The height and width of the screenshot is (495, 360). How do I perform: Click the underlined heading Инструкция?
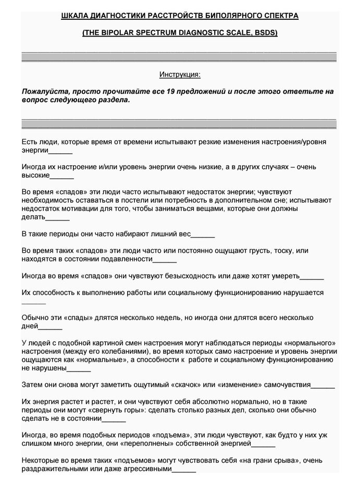click(179, 75)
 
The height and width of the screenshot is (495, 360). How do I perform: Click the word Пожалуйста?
click(44, 91)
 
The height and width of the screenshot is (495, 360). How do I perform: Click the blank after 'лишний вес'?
click(204, 234)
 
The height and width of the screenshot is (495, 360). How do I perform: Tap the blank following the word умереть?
click(312, 276)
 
